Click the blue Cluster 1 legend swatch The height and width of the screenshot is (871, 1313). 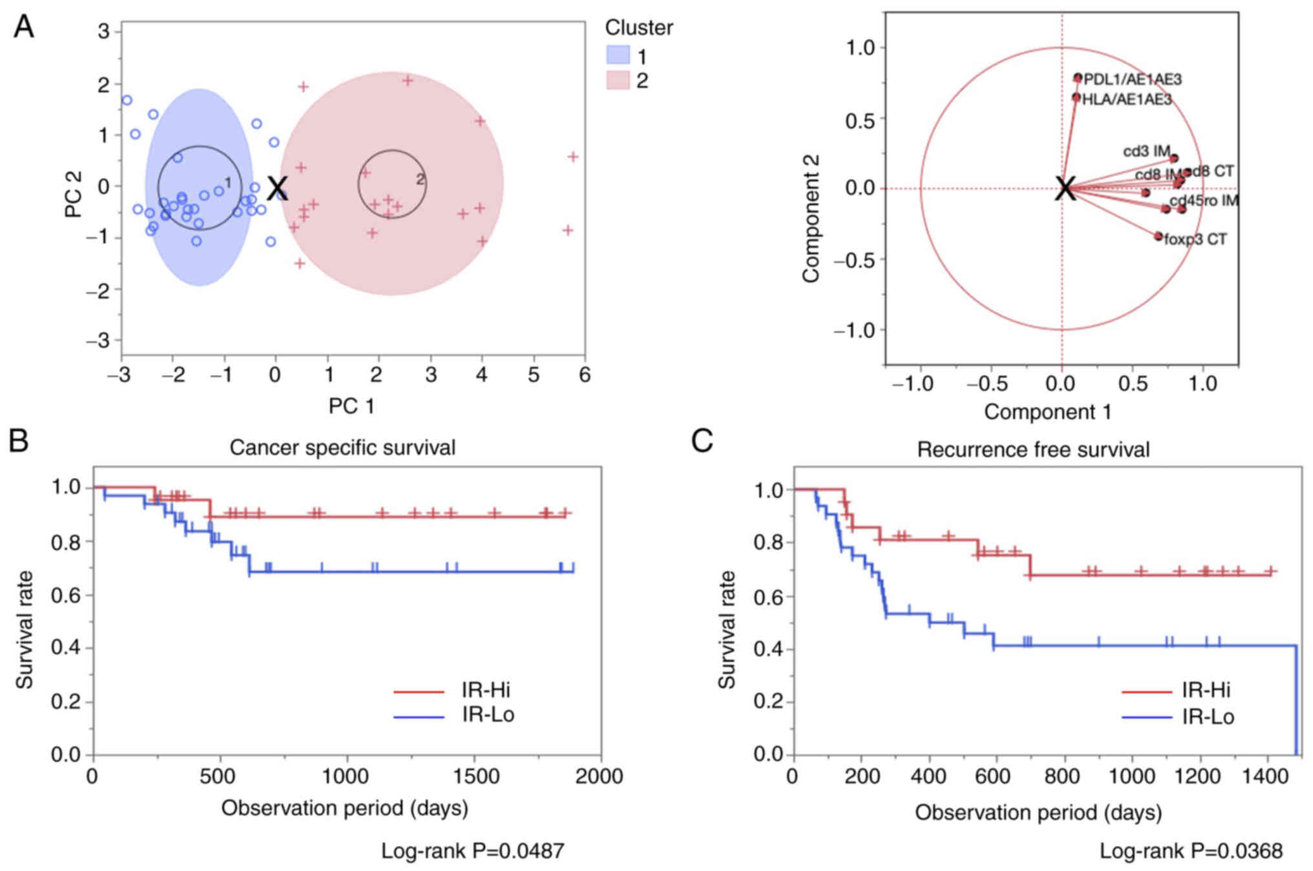coord(618,56)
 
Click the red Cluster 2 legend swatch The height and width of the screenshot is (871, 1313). coord(618,81)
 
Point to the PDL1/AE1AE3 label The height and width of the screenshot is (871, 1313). coord(1133,79)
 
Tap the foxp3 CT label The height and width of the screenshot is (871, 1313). coord(1195,240)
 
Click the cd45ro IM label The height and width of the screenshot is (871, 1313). coord(1204,201)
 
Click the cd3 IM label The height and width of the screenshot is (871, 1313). coord(1146,151)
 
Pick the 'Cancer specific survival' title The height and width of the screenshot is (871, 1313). coord(342,447)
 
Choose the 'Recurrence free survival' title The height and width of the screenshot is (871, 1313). coord(1033,449)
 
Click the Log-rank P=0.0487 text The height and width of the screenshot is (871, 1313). coord(472,851)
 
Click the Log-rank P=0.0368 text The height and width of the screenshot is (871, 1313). coord(1191,851)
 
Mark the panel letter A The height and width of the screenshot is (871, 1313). coord(24,27)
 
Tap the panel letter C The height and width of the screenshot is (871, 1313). coord(702,441)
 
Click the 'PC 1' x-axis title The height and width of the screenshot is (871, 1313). coord(352,406)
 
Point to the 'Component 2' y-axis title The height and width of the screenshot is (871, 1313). coord(811,218)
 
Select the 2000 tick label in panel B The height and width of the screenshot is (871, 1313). coord(599,776)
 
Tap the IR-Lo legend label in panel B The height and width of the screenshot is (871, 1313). coord(488,715)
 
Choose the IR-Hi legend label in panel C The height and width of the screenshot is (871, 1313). coord(1206,690)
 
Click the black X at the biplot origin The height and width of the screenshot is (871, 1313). coord(1066,189)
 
